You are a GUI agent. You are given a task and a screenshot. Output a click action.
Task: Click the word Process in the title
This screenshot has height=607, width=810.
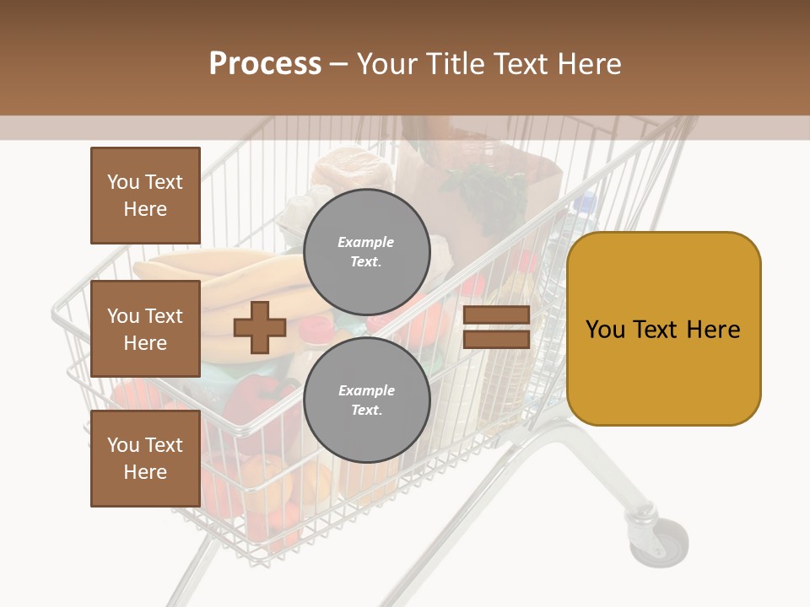pyautogui.click(x=265, y=64)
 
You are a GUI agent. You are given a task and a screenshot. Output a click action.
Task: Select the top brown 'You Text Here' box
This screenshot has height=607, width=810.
pyautogui.click(x=145, y=196)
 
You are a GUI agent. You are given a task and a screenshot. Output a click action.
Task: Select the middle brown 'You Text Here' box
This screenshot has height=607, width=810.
pyautogui.click(x=145, y=329)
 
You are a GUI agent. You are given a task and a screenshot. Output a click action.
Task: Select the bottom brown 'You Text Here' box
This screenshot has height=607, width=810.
pyautogui.click(x=145, y=459)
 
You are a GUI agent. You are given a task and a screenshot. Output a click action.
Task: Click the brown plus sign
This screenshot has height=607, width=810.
pyautogui.click(x=260, y=328)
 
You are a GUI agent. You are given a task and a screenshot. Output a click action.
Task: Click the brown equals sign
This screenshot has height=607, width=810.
pyautogui.click(x=496, y=327)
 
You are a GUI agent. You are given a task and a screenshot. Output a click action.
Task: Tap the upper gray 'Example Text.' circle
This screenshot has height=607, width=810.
pyautogui.click(x=366, y=252)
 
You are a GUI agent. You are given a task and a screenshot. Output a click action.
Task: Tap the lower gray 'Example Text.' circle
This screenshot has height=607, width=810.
pyautogui.click(x=366, y=400)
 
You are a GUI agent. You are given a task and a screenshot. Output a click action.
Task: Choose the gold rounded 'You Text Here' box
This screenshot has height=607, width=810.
pyautogui.click(x=663, y=329)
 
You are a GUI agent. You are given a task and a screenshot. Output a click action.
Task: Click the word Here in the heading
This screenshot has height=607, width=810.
pyautogui.click(x=586, y=64)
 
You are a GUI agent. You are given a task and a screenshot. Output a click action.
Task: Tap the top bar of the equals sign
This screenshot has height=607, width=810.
pyautogui.click(x=496, y=315)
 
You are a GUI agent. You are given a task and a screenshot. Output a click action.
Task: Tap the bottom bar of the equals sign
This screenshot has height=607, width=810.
pyautogui.click(x=496, y=339)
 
